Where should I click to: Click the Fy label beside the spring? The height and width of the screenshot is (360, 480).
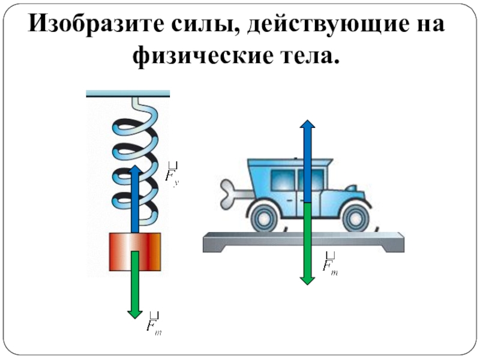click(172, 175)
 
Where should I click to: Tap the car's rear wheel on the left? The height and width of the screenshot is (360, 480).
click(265, 215)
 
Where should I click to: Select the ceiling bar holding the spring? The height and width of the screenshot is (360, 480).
click(128, 94)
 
